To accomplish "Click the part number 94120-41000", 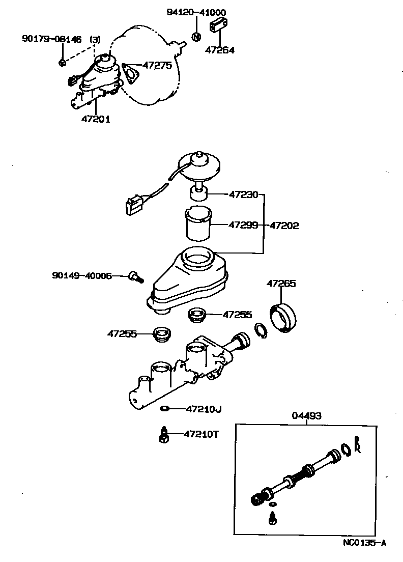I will point(196,12).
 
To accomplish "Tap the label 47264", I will point(220,50).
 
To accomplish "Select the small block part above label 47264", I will point(220,24).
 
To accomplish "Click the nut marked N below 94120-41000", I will point(196,36).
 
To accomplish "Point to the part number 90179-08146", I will point(51,39).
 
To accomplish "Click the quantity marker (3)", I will point(95,39).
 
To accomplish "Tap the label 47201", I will point(96,119).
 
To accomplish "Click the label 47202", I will point(284,225).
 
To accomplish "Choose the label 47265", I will point(281,284).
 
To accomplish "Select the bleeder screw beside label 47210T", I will point(164,434).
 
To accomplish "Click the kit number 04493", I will point(306,416).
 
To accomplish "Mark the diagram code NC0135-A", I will point(364,543).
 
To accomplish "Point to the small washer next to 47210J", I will point(164,408).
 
